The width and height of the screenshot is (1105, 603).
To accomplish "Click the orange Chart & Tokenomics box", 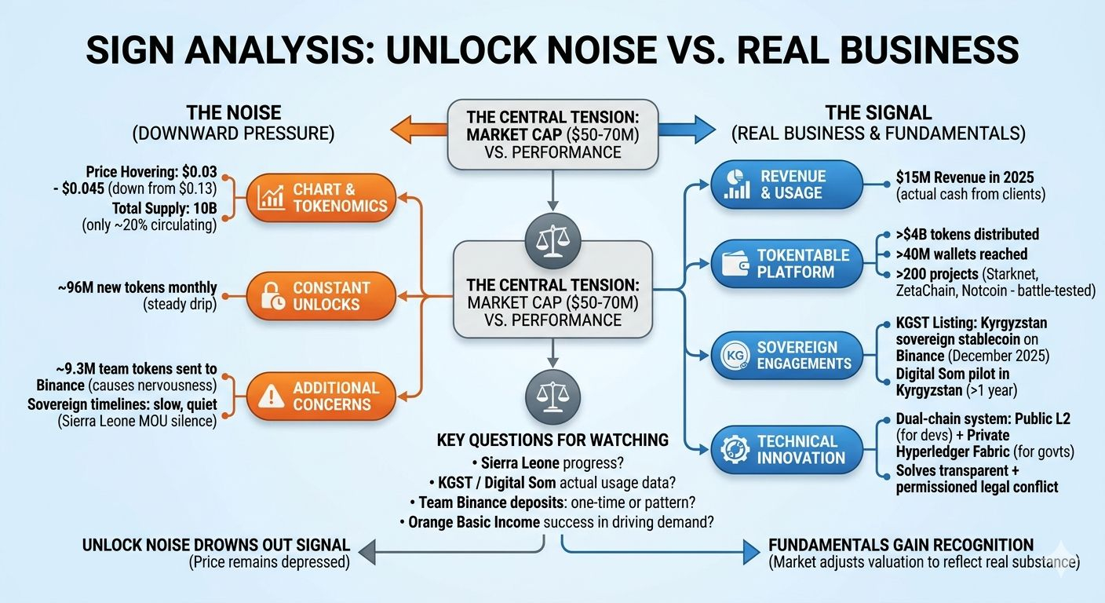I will pyautogui.click(x=321, y=197).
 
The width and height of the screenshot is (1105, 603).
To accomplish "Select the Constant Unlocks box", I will pyautogui.click(x=319, y=296).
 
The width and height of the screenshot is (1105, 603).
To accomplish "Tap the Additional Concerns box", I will pyautogui.click(x=319, y=396).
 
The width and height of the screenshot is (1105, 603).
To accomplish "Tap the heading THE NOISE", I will pyautogui.click(x=233, y=113).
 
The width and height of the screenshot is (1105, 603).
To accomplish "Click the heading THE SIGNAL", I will pyautogui.click(x=878, y=113).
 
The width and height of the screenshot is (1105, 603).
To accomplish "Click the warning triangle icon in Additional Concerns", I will pyautogui.click(x=268, y=396).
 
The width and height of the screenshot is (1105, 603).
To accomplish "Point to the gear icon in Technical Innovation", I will pyautogui.click(x=735, y=450).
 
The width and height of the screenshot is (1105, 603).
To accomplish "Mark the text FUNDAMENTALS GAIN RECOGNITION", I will pyautogui.click(x=901, y=545).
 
